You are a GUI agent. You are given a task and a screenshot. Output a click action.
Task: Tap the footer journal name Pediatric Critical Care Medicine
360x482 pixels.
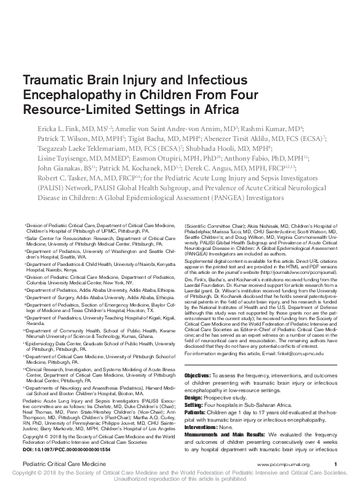61,463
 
